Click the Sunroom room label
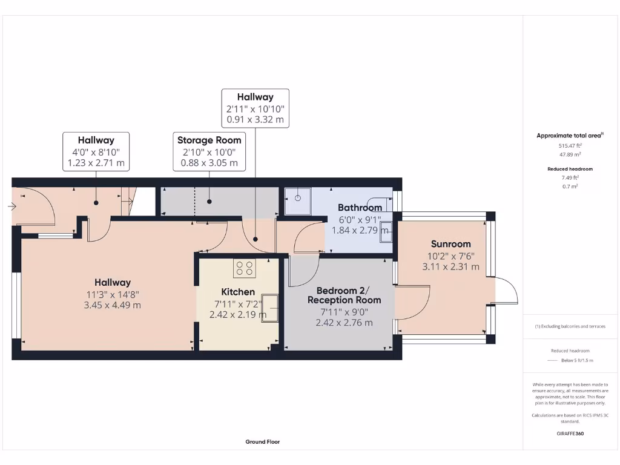coord(450,244)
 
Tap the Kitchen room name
coord(237,292)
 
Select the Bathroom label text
coord(360,208)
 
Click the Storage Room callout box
coord(209,151)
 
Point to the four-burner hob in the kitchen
coord(245,268)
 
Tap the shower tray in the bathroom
coord(298,201)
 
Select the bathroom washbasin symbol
coord(385,232)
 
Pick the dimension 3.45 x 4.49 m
coord(112,305)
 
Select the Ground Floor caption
coord(262,442)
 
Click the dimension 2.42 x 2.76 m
coord(344,323)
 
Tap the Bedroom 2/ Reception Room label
coord(344,295)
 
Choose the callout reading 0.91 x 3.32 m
coord(255,119)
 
